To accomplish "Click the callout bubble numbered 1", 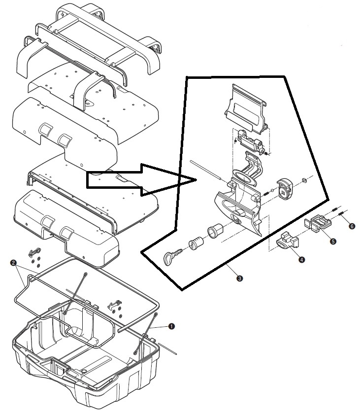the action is tap(171, 326).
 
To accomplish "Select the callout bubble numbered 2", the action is tap(13, 263).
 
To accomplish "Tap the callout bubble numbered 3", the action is tap(240, 279).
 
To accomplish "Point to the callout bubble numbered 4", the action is tap(301, 259).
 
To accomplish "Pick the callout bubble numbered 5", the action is tap(333, 241).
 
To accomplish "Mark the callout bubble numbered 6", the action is tap(352, 226).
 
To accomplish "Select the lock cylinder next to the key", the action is tap(196, 243).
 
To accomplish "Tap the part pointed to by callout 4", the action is tap(288, 241).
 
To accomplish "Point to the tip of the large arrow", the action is tap(196, 180).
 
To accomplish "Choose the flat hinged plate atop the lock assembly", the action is tap(246, 109).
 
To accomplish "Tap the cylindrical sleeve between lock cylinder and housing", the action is tap(215, 231).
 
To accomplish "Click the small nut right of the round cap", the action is tap(305, 180).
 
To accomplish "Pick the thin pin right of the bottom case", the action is tap(167, 348).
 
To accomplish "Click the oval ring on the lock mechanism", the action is tap(245, 177).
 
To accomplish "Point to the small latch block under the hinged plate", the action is tap(251, 141).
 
